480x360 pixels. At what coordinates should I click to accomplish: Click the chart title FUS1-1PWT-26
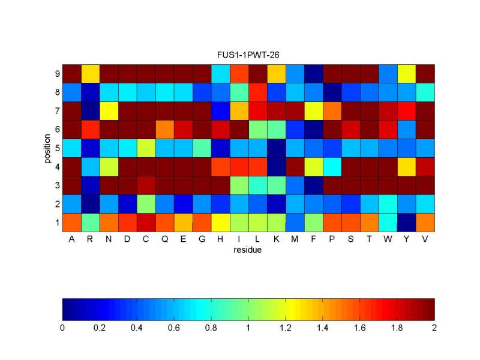tap(248, 55)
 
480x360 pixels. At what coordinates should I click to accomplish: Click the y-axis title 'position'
tap(47, 148)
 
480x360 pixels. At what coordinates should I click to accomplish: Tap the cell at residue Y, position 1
tap(406, 222)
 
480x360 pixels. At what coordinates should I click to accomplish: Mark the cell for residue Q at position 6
tap(164, 129)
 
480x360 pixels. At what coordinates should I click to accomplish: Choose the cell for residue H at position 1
tap(220, 222)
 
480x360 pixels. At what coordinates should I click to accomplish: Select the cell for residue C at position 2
tap(146, 203)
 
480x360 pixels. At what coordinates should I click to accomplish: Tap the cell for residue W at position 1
tap(388, 222)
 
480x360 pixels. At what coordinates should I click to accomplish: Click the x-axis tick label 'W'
tap(388, 239)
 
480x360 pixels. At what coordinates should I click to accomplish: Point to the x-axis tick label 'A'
tap(71, 239)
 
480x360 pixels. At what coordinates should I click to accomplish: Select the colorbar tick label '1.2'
tap(286, 328)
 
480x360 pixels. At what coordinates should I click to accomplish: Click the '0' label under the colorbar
tap(62, 328)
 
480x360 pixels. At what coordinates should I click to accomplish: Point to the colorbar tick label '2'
tap(434, 328)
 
